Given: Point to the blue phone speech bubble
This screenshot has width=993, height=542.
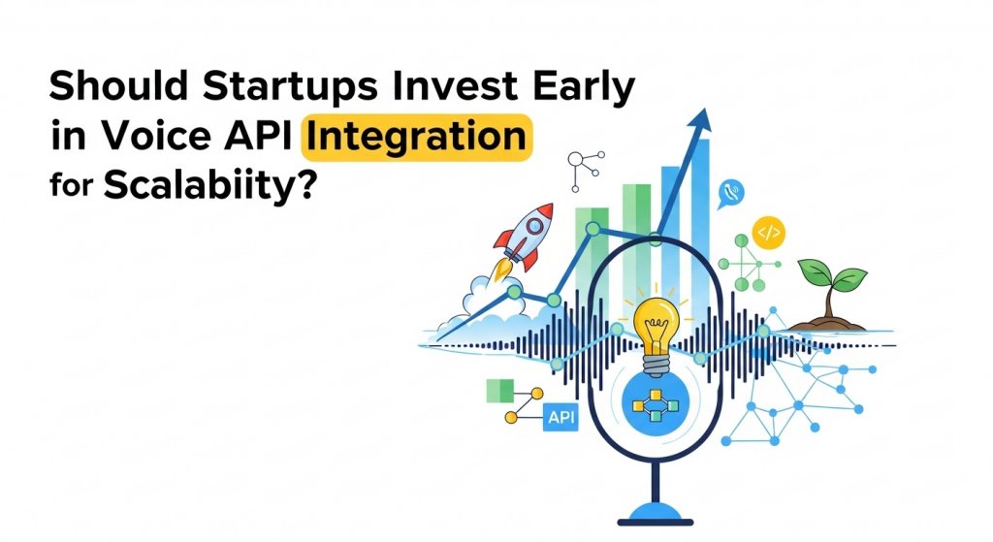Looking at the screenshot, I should (x=731, y=194).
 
